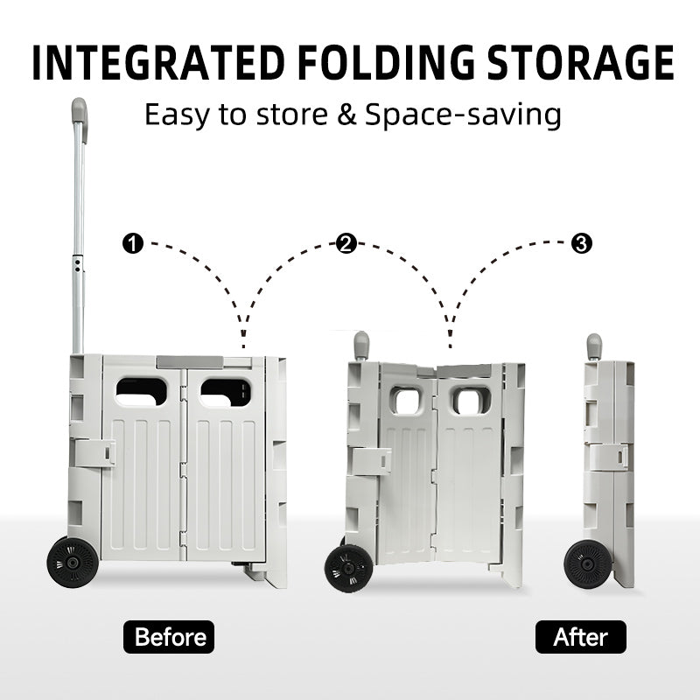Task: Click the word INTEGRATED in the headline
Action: click(x=158, y=62)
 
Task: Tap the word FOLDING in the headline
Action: click(x=386, y=62)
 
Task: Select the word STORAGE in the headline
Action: click(x=580, y=62)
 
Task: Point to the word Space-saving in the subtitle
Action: click(x=463, y=115)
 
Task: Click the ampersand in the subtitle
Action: click(x=346, y=115)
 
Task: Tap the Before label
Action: click(x=169, y=637)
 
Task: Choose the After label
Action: click(x=581, y=637)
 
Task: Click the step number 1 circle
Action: click(x=133, y=244)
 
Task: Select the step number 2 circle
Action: click(x=346, y=244)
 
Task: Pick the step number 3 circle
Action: click(x=582, y=244)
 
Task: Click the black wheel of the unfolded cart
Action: click(x=73, y=562)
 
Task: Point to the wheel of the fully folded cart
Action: click(x=587, y=564)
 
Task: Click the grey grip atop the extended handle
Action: click(x=80, y=115)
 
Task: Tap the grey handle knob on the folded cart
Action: click(x=594, y=346)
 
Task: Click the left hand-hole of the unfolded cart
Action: click(x=142, y=392)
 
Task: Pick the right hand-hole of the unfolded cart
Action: click(x=226, y=392)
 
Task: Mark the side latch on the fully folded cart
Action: click(x=608, y=457)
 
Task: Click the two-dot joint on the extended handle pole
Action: click(x=78, y=267)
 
